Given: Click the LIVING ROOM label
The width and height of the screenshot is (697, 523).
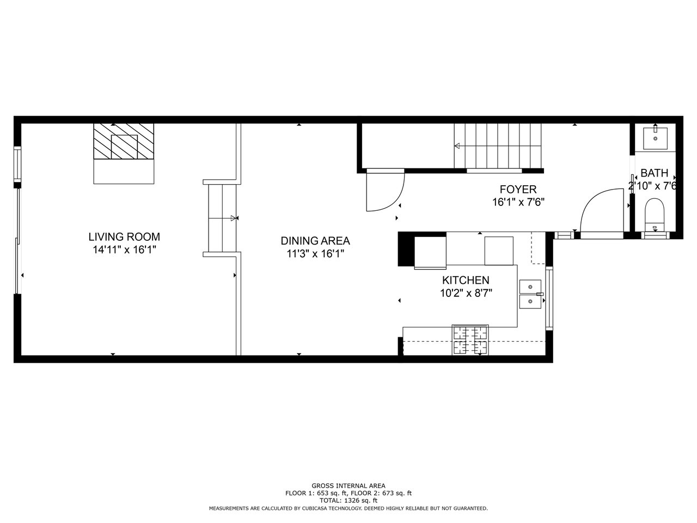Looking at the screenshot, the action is click(x=124, y=237).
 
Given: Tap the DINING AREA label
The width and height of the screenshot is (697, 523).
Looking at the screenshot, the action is click(x=315, y=241).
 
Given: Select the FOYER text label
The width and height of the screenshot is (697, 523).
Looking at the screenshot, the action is click(x=518, y=190).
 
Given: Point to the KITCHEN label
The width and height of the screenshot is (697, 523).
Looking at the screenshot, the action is click(x=466, y=281).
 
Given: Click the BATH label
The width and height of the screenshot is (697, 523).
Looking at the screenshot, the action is click(x=654, y=173).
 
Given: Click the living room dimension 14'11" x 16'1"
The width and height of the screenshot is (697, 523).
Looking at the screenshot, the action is click(x=125, y=250).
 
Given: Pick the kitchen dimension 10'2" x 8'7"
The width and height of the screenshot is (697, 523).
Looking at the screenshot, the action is click(x=466, y=293).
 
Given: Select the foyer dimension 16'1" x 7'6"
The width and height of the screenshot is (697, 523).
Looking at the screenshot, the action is click(x=518, y=202).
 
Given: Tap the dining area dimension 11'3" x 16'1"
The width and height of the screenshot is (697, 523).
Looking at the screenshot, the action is click(x=316, y=254).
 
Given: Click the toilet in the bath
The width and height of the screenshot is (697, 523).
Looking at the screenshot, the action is click(x=655, y=215).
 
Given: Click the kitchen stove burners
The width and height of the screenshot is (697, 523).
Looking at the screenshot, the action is click(x=470, y=340).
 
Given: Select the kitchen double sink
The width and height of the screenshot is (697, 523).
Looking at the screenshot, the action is click(x=530, y=294).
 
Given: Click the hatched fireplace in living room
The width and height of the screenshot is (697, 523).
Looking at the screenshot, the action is click(x=124, y=141).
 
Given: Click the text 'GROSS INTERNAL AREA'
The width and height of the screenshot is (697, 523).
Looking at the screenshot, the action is click(x=348, y=486).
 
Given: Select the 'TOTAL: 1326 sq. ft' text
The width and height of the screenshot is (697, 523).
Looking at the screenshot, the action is click(x=348, y=501).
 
